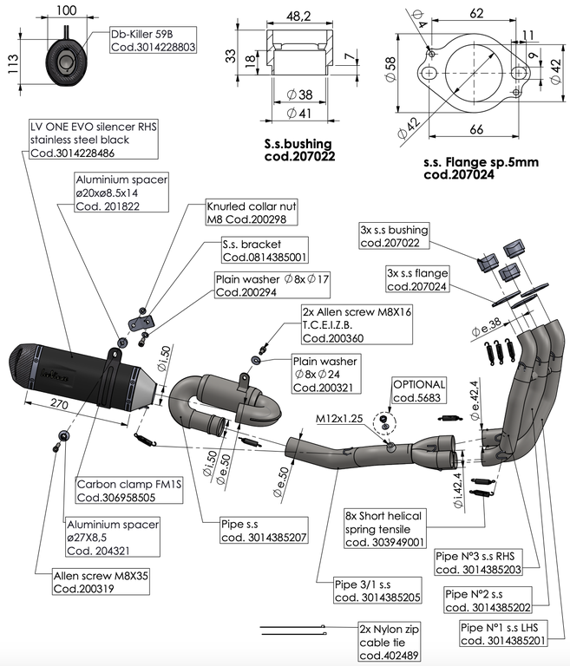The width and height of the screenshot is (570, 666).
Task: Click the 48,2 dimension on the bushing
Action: coord(298,15)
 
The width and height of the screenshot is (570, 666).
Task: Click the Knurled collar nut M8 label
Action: coord(246,214)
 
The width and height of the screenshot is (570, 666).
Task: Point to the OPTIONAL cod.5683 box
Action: coord(419,390)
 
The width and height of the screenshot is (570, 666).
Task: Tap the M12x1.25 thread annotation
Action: coord(339,419)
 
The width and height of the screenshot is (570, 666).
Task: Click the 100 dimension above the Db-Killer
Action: coord(66,10)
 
